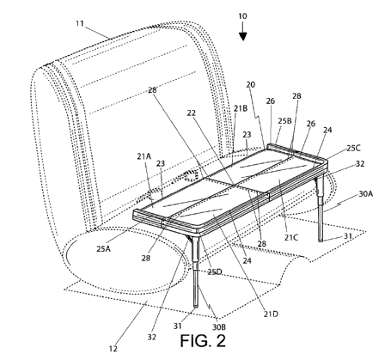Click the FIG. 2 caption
(x=203, y=341)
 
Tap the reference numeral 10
(x=242, y=16)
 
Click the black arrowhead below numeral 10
(x=243, y=37)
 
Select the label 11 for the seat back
(x=80, y=23)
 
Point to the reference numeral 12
(x=113, y=349)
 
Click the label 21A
(x=144, y=156)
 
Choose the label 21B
(x=241, y=108)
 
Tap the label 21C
(x=291, y=237)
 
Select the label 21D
(x=271, y=314)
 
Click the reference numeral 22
(x=192, y=113)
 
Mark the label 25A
(x=103, y=249)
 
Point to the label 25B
(x=284, y=121)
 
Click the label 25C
(x=354, y=148)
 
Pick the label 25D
(x=215, y=272)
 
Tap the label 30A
(x=366, y=194)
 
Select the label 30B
(x=219, y=326)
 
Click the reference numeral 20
(x=251, y=84)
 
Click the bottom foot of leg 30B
(x=196, y=306)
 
